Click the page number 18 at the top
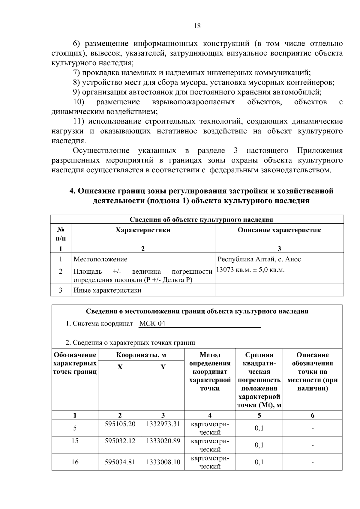197,26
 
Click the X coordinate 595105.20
120,424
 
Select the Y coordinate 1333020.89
163,441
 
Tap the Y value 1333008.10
163,462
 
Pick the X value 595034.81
120,462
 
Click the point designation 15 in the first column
75,441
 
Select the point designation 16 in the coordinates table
75,462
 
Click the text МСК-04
152,324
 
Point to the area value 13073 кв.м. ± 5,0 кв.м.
250,270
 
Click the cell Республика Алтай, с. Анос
259,259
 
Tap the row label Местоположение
100,259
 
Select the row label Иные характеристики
107,290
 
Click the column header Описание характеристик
279,230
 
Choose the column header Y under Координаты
163,367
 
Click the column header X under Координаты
120,367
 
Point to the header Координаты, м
141,355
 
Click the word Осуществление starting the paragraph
101,150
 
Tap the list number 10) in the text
79,102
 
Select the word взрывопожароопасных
193,102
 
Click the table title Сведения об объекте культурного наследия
201,219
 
